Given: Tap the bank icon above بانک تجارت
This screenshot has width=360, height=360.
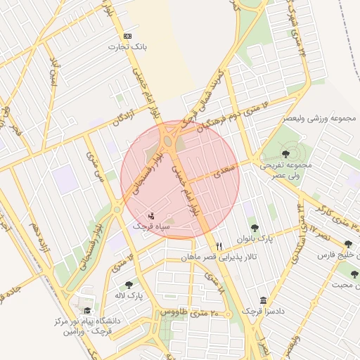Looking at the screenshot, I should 127,36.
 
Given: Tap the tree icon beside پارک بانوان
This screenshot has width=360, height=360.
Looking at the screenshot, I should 255,228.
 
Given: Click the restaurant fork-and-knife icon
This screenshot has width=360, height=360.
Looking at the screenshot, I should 219,246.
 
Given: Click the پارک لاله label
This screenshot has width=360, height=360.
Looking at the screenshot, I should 129,295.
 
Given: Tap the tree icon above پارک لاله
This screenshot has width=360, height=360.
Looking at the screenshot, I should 128,284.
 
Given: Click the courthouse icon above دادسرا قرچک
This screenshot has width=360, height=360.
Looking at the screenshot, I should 263,300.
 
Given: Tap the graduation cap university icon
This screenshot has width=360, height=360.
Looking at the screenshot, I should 87,310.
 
